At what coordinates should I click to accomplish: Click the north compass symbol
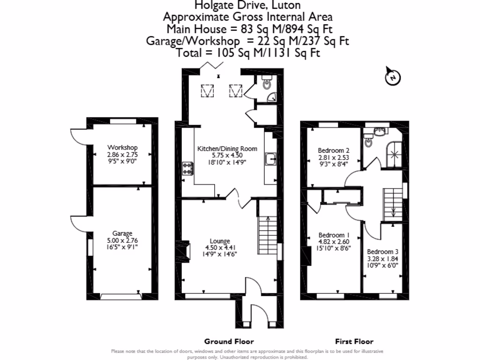tap(393, 77)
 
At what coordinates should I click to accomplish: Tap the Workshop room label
tap(122, 148)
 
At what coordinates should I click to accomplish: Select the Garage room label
tap(122, 233)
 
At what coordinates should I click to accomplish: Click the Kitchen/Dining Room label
tap(227, 149)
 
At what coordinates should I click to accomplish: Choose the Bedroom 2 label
tap(334, 150)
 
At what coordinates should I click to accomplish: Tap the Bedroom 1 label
tap(334, 235)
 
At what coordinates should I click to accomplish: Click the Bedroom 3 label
tap(382, 251)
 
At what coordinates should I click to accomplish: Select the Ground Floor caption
tap(229, 341)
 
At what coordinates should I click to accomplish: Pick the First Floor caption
tap(354, 341)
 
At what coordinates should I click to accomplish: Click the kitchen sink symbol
tap(270, 159)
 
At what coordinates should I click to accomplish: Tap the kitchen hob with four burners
tap(188, 168)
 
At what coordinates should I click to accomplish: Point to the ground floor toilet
tap(266, 83)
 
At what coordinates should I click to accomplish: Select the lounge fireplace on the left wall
tap(186, 251)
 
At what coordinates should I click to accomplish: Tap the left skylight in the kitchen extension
tap(207, 90)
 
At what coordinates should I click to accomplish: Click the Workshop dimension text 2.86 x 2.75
tap(122, 154)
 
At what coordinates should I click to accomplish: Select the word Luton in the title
tap(285, 5)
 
